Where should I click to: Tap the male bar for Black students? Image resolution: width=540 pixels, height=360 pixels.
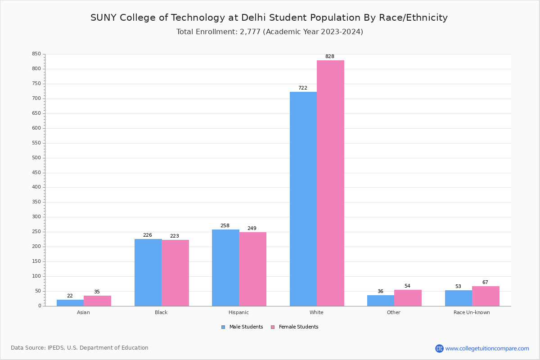(x=148, y=272)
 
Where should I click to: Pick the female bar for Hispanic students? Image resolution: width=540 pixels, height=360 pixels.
(x=252, y=269)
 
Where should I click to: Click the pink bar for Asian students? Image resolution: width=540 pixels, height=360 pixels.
(x=97, y=301)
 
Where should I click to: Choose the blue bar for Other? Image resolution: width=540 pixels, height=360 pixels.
(x=381, y=301)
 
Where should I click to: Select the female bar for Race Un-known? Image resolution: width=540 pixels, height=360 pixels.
(x=486, y=296)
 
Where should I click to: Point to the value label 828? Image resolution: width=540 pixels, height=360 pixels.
(x=330, y=57)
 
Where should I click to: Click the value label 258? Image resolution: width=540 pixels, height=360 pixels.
(x=225, y=226)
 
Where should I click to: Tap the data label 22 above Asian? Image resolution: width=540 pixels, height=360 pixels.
(x=70, y=296)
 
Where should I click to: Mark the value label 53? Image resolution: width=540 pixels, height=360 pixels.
(x=458, y=287)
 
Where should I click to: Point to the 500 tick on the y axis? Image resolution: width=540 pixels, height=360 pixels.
(x=36, y=158)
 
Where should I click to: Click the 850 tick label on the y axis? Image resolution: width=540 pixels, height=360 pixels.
(x=36, y=54)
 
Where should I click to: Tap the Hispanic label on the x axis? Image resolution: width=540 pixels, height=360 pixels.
(x=238, y=312)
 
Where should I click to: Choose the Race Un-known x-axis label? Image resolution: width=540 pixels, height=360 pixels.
(x=472, y=312)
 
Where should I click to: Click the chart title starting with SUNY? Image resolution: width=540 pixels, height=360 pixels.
(x=269, y=18)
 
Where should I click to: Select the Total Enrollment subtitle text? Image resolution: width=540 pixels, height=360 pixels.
(x=270, y=32)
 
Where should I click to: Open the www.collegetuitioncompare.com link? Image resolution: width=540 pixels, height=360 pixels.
(x=487, y=348)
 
